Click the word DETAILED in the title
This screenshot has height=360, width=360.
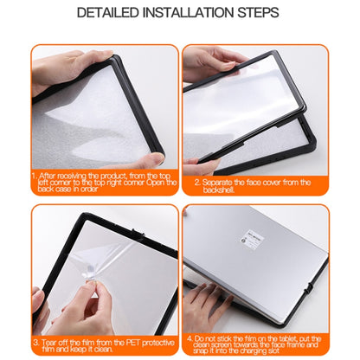[108, 13]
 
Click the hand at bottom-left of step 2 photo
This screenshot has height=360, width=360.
[197, 164]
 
